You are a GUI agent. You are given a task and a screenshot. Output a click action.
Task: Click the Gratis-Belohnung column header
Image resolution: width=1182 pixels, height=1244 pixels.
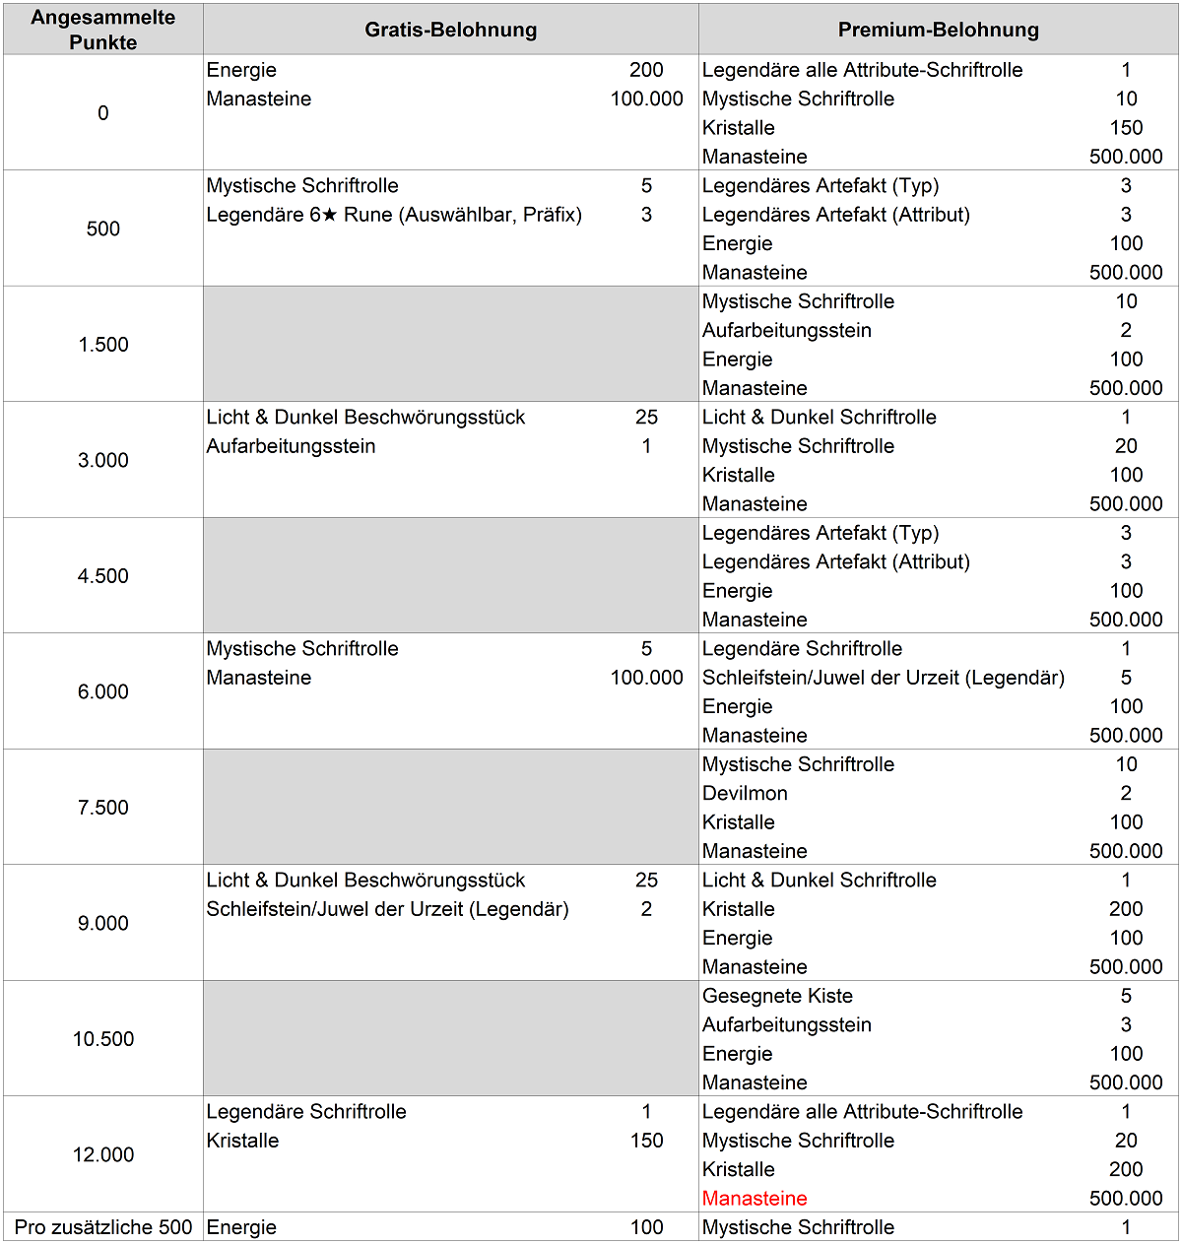(x=450, y=30)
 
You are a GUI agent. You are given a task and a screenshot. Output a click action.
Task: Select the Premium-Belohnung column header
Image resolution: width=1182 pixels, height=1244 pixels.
(x=938, y=30)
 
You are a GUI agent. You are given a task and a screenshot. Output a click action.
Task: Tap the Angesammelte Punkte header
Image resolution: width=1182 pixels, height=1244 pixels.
(x=102, y=30)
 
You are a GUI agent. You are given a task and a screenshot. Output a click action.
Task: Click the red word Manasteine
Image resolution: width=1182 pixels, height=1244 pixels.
(x=755, y=1198)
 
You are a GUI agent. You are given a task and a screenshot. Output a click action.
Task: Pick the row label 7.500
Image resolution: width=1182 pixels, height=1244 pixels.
(x=102, y=807)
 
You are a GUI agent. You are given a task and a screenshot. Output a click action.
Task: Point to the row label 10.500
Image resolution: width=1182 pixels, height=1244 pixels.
(x=102, y=1038)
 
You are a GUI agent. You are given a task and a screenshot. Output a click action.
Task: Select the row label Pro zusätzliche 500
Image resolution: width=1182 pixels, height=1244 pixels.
(x=102, y=1226)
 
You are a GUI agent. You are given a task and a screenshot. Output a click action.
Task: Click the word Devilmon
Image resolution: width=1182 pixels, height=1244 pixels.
(x=745, y=793)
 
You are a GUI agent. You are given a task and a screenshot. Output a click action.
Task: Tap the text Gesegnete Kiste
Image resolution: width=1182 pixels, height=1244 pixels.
(x=777, y=995)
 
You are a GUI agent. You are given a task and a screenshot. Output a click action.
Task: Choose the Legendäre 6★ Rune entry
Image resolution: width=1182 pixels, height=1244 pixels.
(x=394, y=214)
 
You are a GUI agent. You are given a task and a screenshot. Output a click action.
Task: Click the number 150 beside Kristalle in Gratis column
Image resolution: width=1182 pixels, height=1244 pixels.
(x=646, y=1140)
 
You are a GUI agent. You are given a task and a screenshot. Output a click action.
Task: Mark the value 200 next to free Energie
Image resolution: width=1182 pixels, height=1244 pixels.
(x=646, y=70)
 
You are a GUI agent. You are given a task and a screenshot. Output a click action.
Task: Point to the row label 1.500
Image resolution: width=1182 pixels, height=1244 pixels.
(x=102, y=344)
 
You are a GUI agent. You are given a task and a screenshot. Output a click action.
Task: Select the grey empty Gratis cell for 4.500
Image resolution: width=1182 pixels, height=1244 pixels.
(x=450, y=575)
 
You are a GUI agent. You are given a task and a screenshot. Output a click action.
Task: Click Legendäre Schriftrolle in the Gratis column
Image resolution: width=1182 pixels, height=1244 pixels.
(x=306, y=1111)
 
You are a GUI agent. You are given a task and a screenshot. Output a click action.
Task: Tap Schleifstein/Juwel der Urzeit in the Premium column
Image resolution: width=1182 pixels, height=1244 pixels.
(x=883, y=677)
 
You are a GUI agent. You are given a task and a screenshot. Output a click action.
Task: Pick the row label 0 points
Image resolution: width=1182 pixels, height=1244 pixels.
(x=102, y=112)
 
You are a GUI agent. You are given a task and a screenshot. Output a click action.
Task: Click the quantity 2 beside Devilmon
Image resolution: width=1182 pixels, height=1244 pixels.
(x=1126, y=793)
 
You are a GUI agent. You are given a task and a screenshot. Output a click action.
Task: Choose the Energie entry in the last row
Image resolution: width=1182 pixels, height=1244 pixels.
(x=241, y=1226)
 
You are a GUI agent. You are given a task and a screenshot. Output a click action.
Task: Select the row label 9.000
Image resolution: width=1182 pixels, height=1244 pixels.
(x=102, y=923)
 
